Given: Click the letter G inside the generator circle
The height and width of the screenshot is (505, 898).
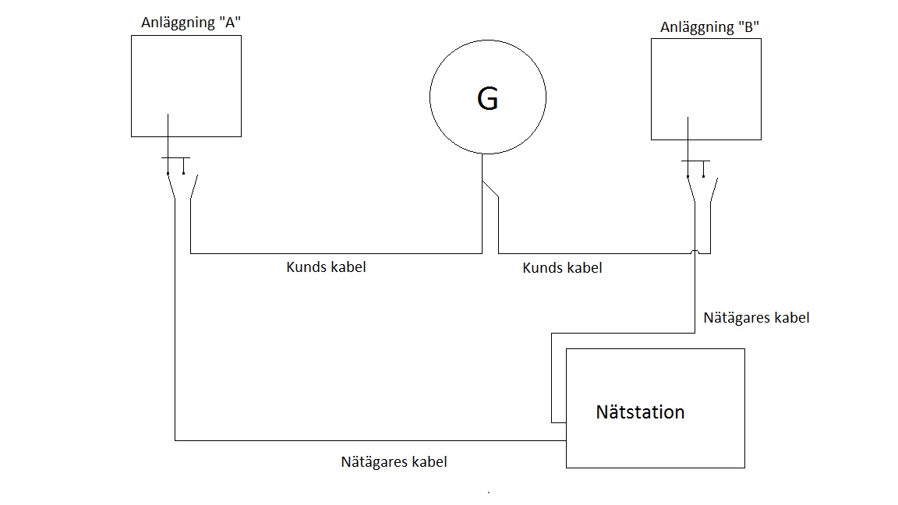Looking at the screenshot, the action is coord(487,98).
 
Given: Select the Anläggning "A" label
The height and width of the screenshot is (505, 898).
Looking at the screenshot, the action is coord(191,23).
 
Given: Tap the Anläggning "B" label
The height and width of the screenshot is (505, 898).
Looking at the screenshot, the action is coord(709,27).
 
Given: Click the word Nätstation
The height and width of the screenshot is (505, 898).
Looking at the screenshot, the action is coord(640,411).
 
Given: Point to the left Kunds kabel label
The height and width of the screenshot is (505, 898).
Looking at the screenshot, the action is coord(326,267).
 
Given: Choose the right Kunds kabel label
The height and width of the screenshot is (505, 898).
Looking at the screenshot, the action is coord(562,267).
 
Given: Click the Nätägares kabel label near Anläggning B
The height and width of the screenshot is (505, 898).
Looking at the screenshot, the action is coord(756,318).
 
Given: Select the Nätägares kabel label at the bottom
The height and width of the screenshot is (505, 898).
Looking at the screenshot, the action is coord(394,461).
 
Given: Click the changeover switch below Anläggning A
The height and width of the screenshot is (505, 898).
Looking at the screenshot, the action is coord(179,178).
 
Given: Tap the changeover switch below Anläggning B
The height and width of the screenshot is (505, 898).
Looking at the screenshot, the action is coord(699,182).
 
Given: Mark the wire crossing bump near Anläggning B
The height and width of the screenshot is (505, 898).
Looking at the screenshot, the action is coord(695,252).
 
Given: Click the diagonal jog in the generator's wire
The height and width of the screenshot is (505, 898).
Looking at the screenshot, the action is coord(490,189).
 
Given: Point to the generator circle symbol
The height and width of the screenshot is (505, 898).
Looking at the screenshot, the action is coord(488,40).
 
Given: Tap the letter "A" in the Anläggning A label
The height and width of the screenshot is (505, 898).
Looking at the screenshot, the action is coord(229,22).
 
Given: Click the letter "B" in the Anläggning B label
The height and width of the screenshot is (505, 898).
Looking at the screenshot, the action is coord(748,26).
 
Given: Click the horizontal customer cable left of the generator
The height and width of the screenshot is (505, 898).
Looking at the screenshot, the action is coord(336,253).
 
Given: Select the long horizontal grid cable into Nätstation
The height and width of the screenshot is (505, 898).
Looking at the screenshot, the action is coord(370,440).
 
